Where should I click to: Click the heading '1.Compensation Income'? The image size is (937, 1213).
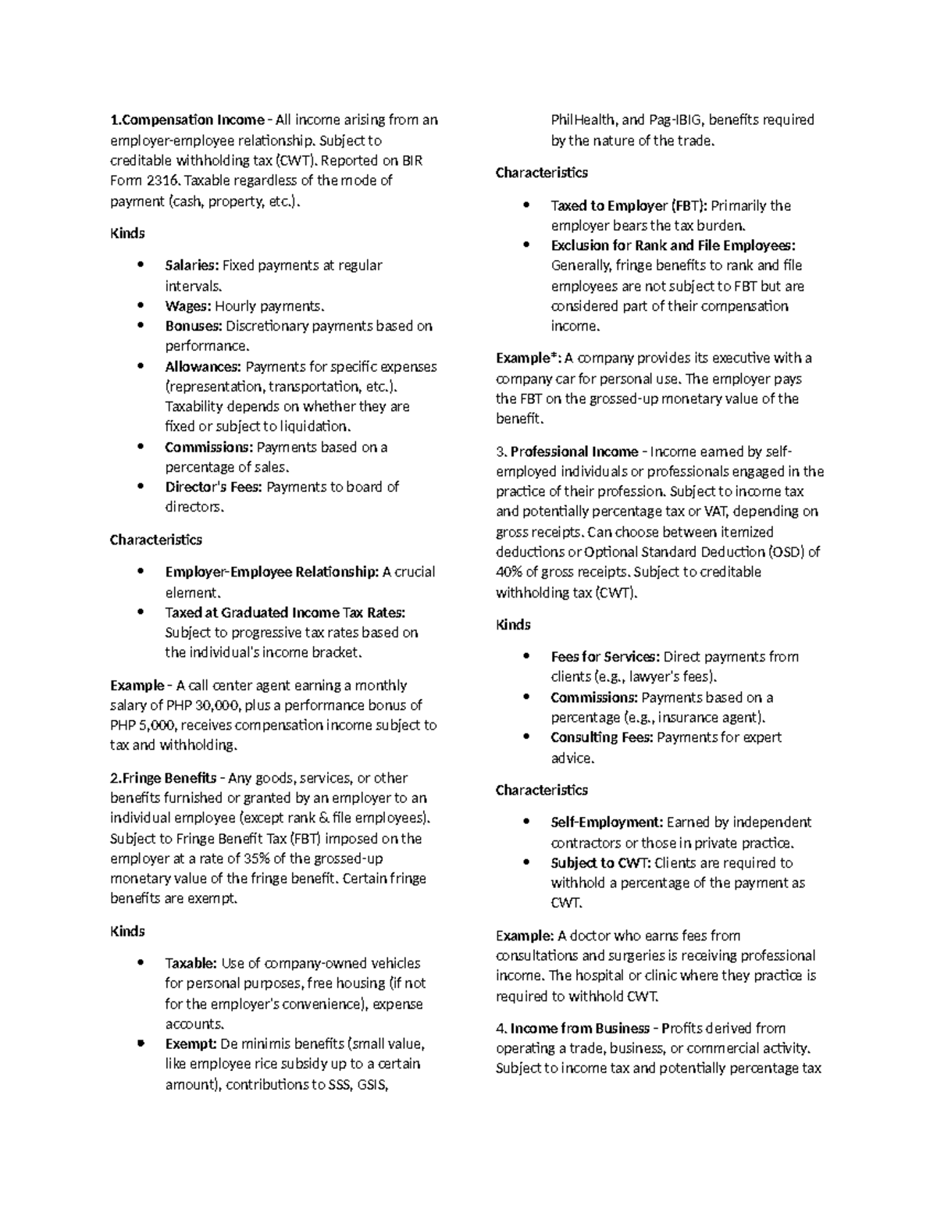point(187,120)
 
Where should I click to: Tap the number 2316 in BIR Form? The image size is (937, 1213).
point(163,180)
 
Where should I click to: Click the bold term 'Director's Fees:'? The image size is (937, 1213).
point(214,487)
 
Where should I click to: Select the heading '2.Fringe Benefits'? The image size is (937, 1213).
point(163,779)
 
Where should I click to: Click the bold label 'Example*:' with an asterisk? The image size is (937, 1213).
point(529,359)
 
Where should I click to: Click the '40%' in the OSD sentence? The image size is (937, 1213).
point(510,572)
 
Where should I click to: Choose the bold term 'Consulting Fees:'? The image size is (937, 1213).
point(601,738)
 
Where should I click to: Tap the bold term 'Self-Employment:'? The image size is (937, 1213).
point(607,822)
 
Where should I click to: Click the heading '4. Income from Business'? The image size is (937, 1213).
point(572,1029)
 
